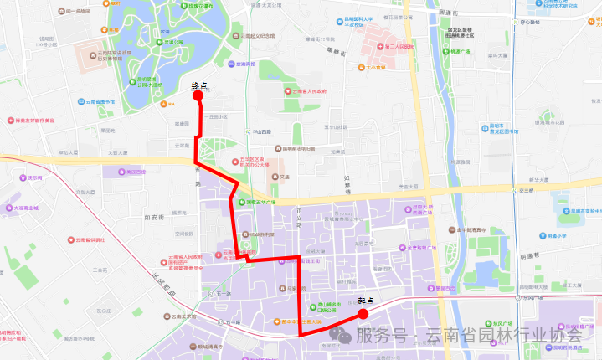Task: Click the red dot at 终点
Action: coord(199,95)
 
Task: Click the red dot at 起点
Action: coord(363,314)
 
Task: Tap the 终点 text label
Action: coord(198,85)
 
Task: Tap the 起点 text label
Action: coord(365,301)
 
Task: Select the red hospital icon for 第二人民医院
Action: coord(379,47)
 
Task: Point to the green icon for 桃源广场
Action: coord(445,51)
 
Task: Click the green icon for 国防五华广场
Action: coord(240,202)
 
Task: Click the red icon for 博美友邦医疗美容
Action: coord(12,121)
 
